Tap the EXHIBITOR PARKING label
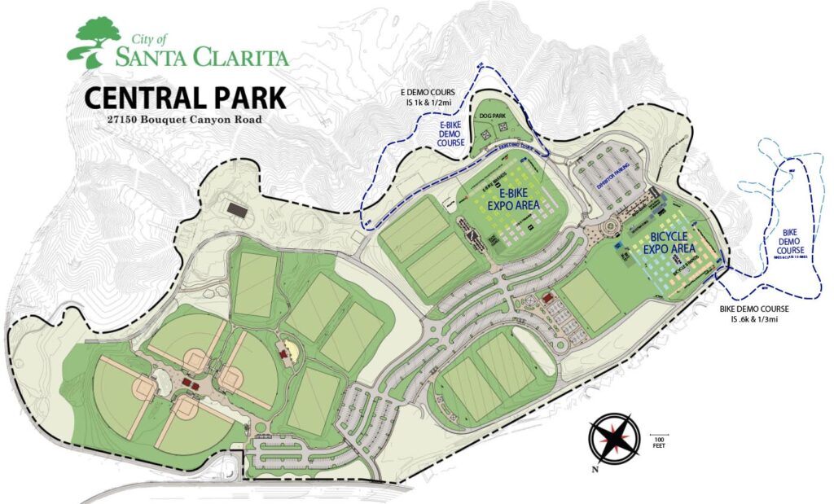click(616, 185)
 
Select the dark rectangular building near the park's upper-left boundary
click(238, 210)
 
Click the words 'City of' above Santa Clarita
click(149, 37)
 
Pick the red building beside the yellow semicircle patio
click(284, 352)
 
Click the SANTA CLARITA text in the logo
click(201, 57)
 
